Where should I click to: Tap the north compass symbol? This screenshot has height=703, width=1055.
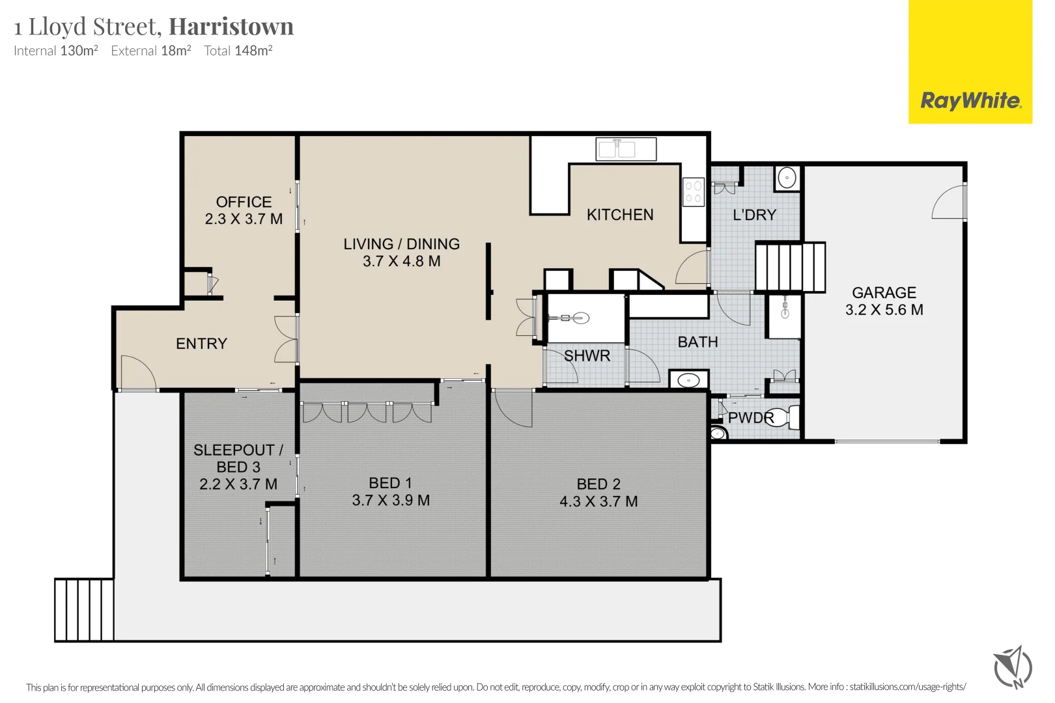[x=1013, y=668]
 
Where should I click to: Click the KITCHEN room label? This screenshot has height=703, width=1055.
[x=620, y=215]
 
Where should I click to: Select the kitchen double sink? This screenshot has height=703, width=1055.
[x=626, y=149]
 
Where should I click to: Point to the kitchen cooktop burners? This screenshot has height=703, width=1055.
[x=694, y=192]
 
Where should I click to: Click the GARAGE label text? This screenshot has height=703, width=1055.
[x=884, y=292]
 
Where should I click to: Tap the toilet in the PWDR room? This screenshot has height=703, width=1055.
[x=783, y=417]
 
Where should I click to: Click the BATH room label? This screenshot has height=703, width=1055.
[x=697, y=342]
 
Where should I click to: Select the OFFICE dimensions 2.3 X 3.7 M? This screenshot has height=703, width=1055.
[x=244, y=219]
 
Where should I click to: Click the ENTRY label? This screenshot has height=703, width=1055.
[x=202, y=344]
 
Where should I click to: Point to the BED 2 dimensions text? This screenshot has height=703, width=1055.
[x=598, y=501]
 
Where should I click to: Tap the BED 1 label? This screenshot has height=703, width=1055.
[x=391, y=483]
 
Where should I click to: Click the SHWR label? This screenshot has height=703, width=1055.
[x=587, y=356]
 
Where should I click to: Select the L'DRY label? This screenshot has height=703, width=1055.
[x=755, y=215]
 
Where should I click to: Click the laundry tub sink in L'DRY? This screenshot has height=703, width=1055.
[x=787, y=178]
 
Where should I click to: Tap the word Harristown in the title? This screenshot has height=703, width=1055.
[x=231, y=26]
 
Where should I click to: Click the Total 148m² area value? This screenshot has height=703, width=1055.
[x=238, y=51]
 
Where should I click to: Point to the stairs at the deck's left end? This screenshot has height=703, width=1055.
[x=84, y=610]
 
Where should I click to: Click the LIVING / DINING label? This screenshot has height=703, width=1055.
[x=401, y=244]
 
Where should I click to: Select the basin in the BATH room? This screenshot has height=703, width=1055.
[x=689, y=379]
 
